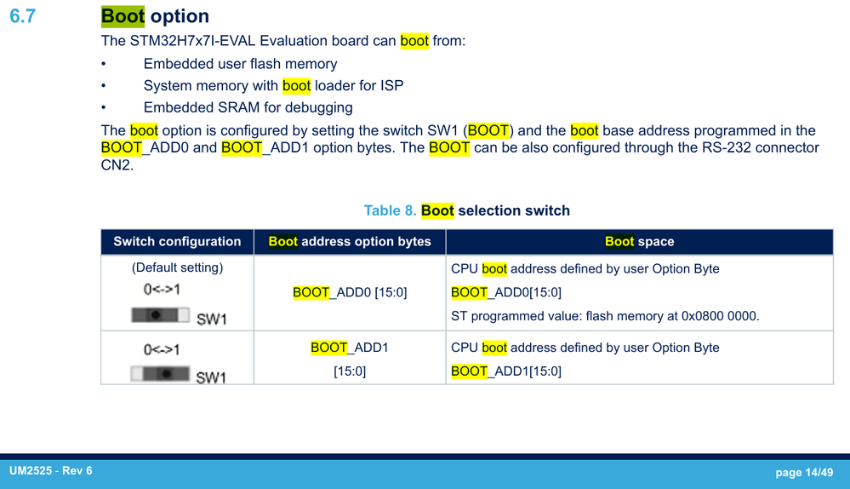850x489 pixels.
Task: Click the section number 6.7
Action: click(23, 15)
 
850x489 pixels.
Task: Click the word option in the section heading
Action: click(180, 16)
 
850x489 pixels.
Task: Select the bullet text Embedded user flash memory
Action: click(240, 64)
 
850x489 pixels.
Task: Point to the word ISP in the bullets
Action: click(392, 86)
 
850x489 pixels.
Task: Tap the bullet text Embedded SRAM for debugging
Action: click(248, 107)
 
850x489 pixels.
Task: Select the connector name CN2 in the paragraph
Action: click(116, 165)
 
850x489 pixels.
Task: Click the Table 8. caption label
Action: click(390, 210)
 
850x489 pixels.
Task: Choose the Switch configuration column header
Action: click(177, 241)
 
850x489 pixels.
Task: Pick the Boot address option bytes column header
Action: click(350, 241)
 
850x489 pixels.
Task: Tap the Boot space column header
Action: click(640, 241)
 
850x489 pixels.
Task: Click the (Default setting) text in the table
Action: click(177, 268)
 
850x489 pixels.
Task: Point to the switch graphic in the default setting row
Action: click(161, 315)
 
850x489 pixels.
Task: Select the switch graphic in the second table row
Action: click(161, 373)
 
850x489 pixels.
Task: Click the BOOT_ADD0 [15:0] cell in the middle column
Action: click(350, 292)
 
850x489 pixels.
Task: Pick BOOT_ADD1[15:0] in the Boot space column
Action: click(506, 371)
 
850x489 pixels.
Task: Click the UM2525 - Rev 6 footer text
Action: click(51, 470)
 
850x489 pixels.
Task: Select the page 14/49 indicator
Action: click(804, 472)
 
